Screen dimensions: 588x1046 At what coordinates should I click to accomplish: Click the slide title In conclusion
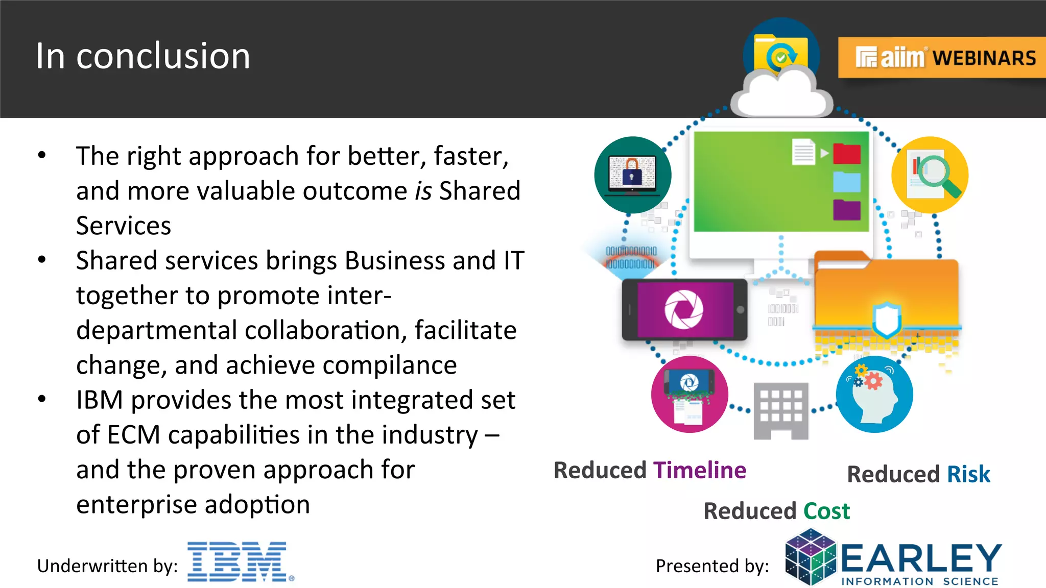(143, 56)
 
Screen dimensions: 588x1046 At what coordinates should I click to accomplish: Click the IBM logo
(239, 561)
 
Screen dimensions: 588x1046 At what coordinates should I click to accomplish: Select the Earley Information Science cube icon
(811, 557)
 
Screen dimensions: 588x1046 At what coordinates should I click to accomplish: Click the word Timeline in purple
(700, 470)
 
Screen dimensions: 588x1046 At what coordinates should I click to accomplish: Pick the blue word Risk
(968, 474)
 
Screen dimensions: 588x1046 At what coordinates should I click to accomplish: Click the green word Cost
(826, 511)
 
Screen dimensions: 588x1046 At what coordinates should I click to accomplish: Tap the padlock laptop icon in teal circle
(632, 175)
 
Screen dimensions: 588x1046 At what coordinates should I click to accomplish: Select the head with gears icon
(874, 395)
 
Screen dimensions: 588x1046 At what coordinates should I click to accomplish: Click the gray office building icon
(781, 410)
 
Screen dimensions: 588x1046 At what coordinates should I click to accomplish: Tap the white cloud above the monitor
(781, 94)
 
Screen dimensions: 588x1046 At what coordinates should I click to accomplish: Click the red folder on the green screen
(847, 154)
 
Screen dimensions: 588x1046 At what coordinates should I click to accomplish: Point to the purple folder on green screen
(847, 210)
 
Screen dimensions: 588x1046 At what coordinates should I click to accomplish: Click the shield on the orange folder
(886, 319)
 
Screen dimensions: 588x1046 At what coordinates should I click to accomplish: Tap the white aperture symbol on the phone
(683, 309)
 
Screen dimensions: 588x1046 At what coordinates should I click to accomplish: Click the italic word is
(423, 191)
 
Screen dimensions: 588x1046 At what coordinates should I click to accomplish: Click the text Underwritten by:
(107, 566)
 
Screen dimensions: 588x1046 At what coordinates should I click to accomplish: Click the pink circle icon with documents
(689, 395)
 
